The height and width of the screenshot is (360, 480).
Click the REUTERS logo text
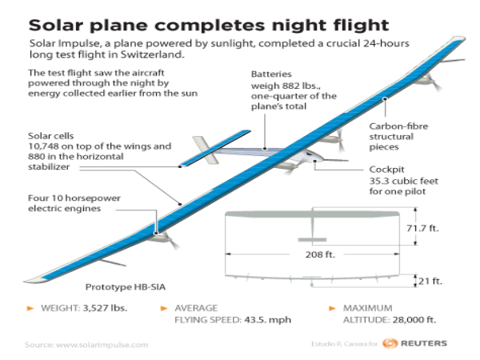424,343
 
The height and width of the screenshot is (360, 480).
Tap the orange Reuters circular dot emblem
390,343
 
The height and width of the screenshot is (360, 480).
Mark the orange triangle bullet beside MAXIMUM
334,308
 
